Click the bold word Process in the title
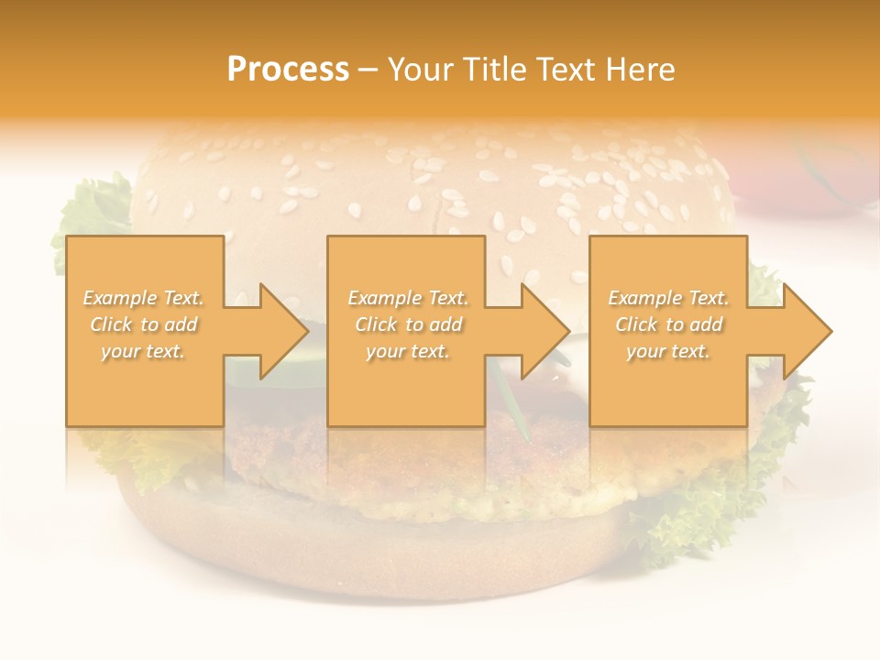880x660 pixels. [288, 70]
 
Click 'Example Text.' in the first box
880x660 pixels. [144, 298]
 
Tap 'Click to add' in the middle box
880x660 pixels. [408, 324]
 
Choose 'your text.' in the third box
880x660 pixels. [668, 351]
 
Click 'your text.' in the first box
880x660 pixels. [144, 351]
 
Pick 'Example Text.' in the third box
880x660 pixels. [668, 298]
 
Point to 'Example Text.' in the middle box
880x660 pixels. [408, 298]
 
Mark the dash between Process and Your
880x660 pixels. [368, 70]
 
